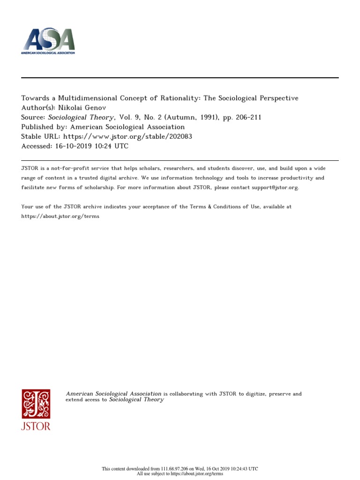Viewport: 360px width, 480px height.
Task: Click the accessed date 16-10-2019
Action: tap(71, 146)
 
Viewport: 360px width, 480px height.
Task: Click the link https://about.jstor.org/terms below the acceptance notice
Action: tap(60, 217)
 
